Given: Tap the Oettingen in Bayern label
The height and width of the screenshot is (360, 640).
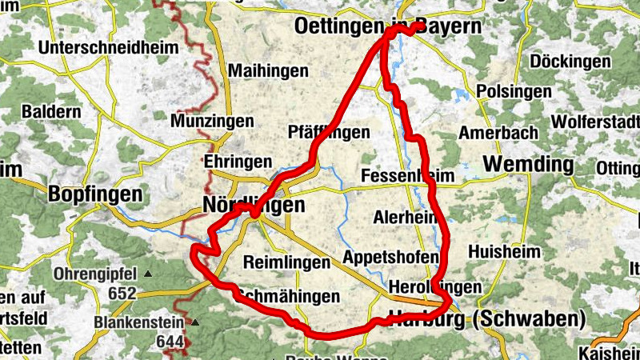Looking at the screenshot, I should tap(389, 26).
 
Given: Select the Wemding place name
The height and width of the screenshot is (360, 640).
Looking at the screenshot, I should tap(529, 166).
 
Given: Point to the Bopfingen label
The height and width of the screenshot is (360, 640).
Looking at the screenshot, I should tap(95, 194).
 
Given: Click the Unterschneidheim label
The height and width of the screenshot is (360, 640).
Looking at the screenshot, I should tap(107, 48).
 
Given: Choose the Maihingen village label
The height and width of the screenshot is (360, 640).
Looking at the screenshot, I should tap(268, 71).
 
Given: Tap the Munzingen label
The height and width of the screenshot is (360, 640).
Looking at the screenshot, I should tap(212, 122).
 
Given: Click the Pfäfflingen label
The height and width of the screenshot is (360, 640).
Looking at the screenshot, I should tap(329, 133).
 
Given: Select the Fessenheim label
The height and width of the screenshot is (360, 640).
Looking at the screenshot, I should tap(407, 175).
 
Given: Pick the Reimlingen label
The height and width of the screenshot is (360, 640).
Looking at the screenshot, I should tap(286, 262).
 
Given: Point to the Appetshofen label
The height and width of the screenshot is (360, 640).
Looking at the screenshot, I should tap(391, 257).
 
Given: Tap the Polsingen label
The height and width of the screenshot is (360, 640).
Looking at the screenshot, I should tap(514, 91).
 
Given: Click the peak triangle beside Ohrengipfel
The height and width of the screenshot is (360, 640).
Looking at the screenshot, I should tap(149, 274).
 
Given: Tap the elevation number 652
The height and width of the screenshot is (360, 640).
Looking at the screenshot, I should tap(122, 294).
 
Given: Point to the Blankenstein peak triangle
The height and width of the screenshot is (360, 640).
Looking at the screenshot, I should tap(194, 323).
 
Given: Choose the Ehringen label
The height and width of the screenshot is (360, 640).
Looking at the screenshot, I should tap(238, 162).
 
